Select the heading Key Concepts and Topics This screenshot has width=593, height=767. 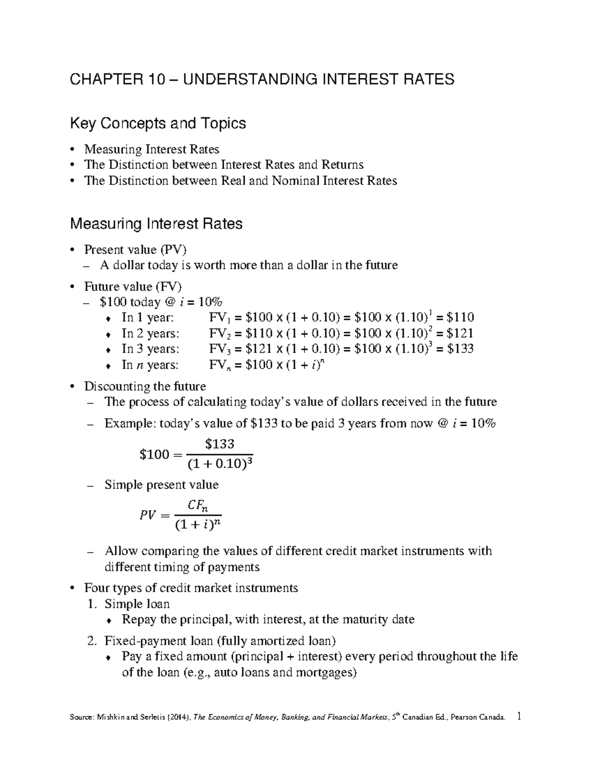tap(158, 123)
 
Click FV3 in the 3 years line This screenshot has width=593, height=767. tap(219, 349)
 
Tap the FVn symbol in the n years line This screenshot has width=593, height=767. tap(219, 365)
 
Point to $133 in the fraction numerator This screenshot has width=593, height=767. tap(219, 444)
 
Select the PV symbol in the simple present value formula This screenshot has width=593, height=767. tap(148, 515)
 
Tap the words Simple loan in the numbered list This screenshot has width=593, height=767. tap(137, 604)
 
